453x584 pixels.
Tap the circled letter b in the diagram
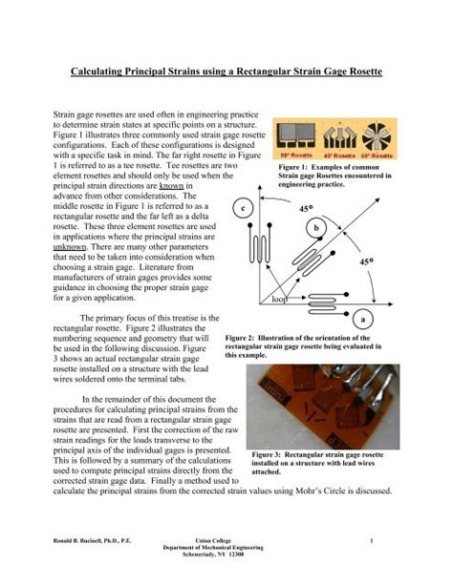(341, 228)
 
